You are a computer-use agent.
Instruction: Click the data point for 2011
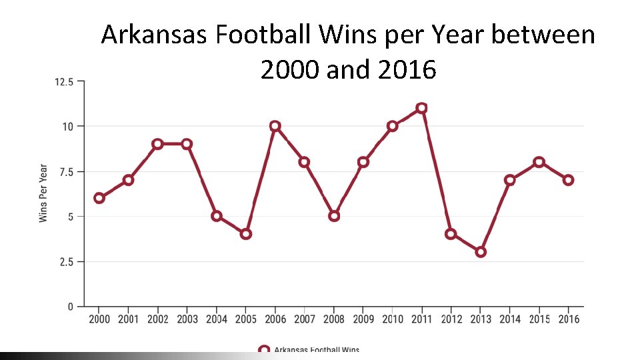421,108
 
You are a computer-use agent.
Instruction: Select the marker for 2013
481,252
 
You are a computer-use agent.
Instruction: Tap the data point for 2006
275,126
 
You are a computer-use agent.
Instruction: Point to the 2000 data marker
99,198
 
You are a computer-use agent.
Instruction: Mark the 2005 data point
246,234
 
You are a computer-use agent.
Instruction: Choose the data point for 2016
568,180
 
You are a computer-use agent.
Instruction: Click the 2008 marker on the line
334,216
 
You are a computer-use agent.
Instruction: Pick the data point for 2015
539,162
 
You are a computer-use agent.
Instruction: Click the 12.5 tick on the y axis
64,81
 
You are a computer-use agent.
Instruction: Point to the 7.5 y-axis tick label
67,171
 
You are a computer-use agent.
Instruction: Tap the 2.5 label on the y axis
67,261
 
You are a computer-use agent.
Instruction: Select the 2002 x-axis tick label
158,319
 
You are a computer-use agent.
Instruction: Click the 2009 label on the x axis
363,319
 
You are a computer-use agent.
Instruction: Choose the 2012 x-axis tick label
451,319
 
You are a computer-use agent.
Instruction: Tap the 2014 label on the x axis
510,319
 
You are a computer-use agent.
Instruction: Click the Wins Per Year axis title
43,193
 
